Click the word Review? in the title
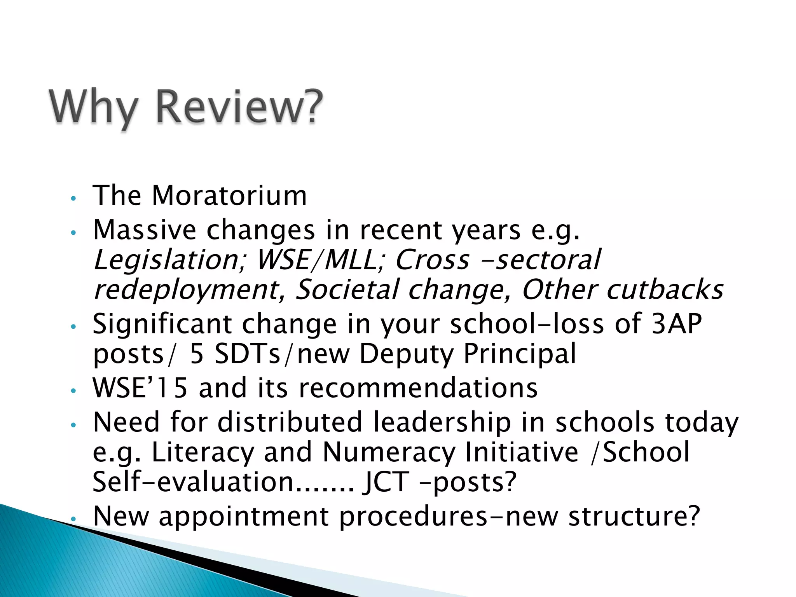tap(239, 106)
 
